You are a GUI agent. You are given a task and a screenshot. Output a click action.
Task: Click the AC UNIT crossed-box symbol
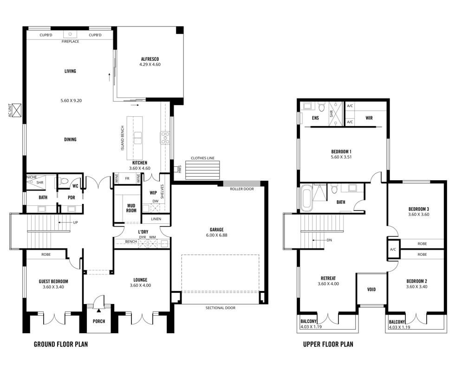(x=17, y=110)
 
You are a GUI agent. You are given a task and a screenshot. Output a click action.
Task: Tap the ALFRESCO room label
(x=149, y=59)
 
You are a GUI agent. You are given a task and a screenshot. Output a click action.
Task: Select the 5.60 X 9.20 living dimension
(x=71, y=101)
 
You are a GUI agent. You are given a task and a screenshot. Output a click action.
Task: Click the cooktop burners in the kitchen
(x=165, y=138)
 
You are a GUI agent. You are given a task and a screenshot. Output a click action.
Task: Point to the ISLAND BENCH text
(x=123, y=138)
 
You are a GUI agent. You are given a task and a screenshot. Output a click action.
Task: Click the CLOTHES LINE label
(x=202, y=158)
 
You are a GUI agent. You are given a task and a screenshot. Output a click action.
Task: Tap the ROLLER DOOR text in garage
(x=242, y=189)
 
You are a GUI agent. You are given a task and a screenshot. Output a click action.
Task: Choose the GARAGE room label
(x=217, y=230)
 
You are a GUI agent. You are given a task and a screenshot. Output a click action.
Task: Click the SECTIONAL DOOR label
(x=221, y=308)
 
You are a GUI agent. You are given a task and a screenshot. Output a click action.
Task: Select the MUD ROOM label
(x=131, y=208)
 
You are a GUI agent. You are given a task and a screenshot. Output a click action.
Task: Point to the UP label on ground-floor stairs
(x=75, y=222)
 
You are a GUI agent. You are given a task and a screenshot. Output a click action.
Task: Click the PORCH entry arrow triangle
(x=99, y=311)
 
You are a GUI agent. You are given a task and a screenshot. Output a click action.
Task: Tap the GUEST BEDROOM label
(x=53, y=281)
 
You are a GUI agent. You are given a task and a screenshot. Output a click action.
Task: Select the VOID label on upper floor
(x=371, y=290)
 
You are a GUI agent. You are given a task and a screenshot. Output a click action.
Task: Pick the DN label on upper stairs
(x=329, y=240)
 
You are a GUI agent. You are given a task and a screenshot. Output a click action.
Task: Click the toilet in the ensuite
(x=321, y=107)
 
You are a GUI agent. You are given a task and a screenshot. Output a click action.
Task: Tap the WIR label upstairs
(x=369, y=118)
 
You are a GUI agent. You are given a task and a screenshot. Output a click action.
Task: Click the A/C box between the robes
(x=393, y=249)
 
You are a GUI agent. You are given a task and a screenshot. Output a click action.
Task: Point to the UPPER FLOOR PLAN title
(x=328, y=344)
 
